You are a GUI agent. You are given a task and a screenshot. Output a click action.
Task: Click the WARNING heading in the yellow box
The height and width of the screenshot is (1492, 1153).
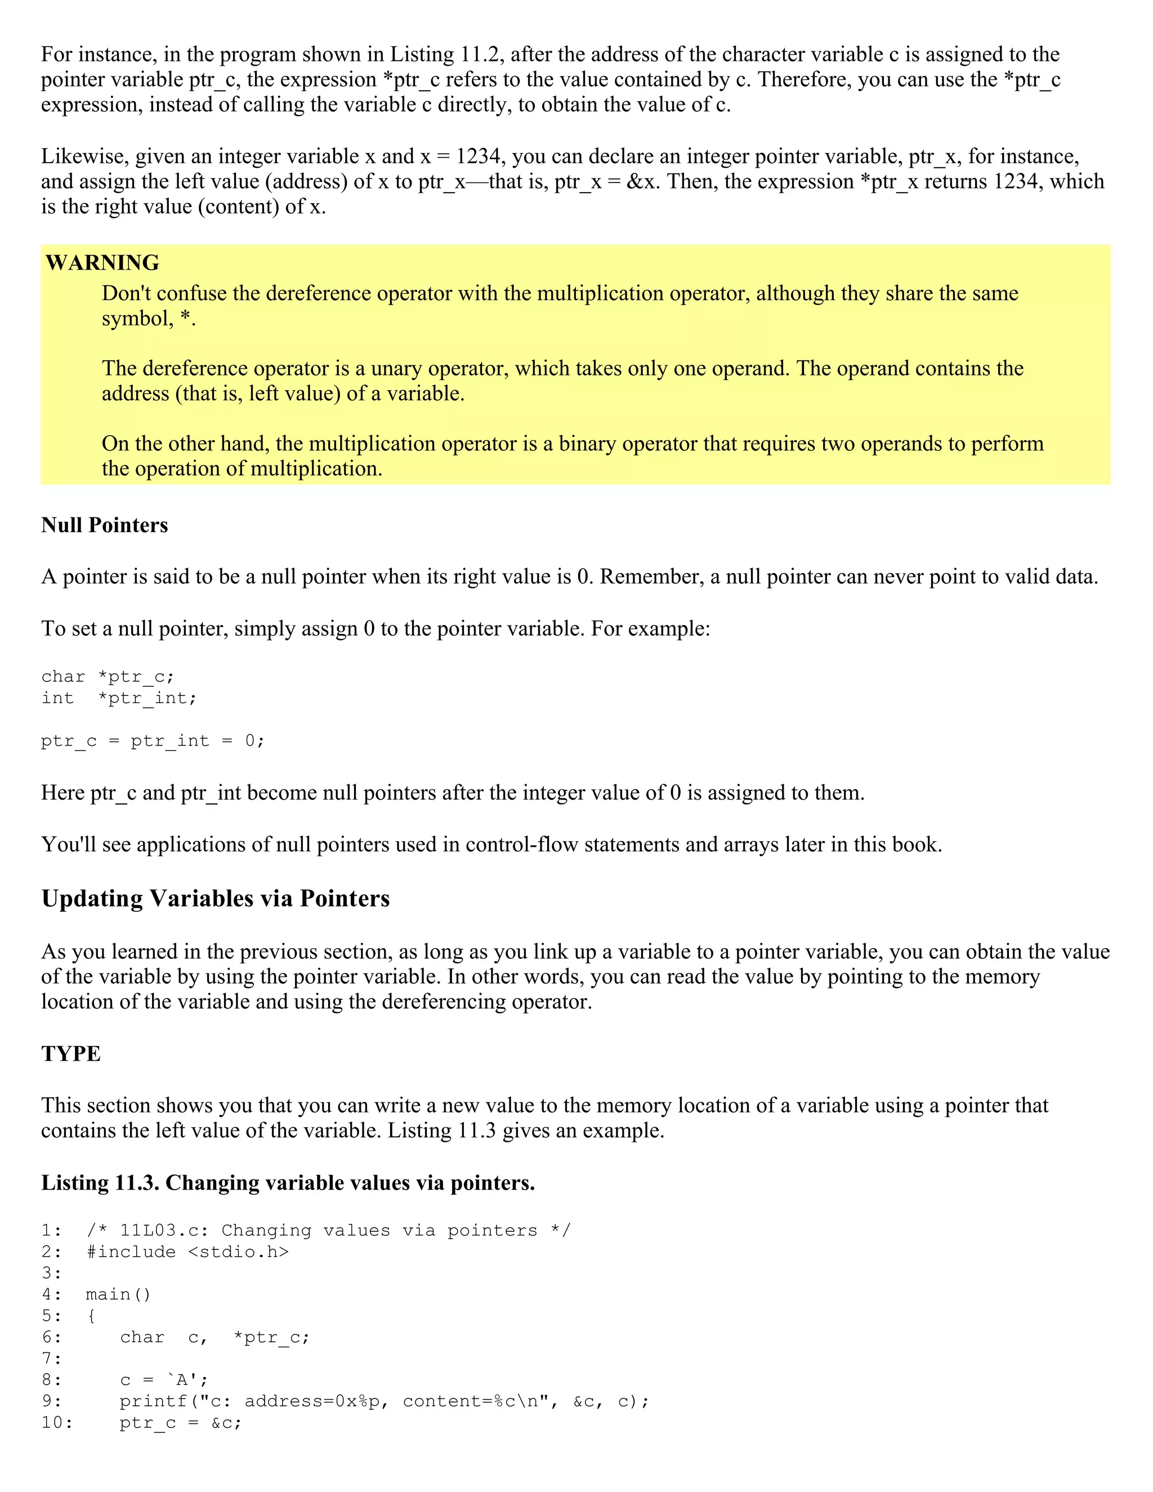pyautogui.click(x=102, y=263)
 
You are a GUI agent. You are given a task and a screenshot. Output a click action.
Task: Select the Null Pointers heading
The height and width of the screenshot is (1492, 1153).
pyautogui.click(x=105, y=525)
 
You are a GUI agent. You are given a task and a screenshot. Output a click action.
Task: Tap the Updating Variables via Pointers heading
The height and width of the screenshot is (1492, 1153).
pyautogui.click(x=215, y=899)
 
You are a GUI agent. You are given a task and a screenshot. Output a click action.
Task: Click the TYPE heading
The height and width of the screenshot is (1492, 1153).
pyautogui.click(x=70, y=1054)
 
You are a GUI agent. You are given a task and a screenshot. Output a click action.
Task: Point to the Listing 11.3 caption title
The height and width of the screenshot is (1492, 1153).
pyautogui.click(x=288, y=1182)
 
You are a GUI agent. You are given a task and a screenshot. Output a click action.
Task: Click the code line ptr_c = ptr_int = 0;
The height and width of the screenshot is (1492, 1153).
pyautogui.click(x=153, y=741)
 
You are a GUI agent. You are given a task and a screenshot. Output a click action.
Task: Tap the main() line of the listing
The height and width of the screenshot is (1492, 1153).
pyautogui.click(x=118, y=1294)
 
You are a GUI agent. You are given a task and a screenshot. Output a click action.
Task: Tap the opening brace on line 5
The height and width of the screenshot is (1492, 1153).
pyautogui.click(x=92, y=1316)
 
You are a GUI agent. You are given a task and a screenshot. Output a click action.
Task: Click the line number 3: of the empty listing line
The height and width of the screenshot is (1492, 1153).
pyautogui.click(x=51, y=1274)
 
